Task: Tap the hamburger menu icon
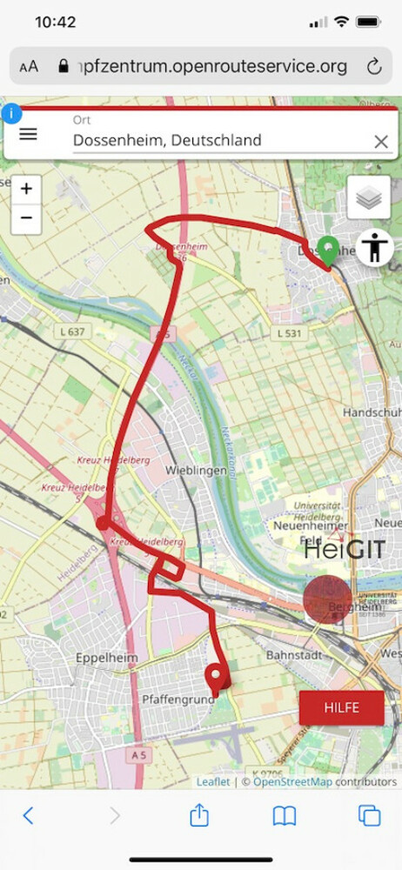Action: coord(29,134)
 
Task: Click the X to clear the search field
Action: coord(380,141)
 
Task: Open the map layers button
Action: coord(368,197)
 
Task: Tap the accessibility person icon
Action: coord(375,247)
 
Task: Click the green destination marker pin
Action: coord(327,251)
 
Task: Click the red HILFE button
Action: coord(341,707)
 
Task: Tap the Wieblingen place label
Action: coord(189,470)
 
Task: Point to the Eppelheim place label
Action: coord(107,658)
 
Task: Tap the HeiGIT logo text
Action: coord(344,551)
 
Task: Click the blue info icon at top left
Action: coord(11,114)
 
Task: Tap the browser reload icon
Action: coord(374,66)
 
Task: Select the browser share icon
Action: coord(199,815)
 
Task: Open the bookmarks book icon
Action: coord(285,815)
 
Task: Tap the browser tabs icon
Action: coord(369,815)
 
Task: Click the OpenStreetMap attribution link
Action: coord(292,781)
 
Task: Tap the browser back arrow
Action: coord(28,815)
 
